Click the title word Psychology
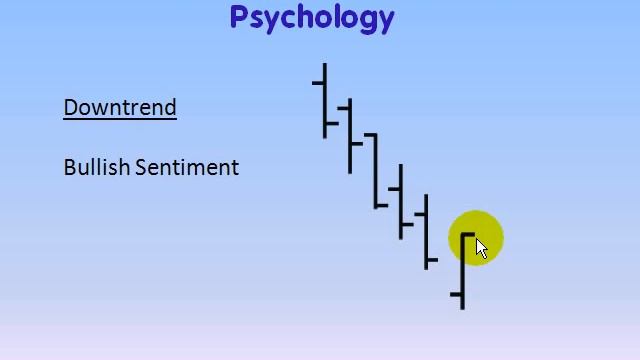312,17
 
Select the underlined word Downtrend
120,107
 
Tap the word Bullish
96,167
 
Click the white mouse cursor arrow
481,248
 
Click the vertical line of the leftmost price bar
325,100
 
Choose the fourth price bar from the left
401,200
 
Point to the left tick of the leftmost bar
318,82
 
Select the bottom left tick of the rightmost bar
456,294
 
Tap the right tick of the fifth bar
432,260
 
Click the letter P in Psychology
239,17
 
